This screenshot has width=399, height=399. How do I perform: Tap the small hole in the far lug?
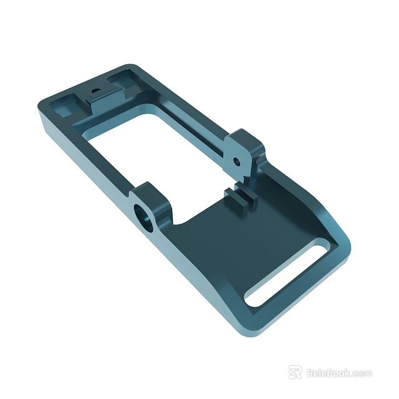click(x=236, y=161)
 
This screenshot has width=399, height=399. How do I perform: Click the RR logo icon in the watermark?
click(x=295, y=372)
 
